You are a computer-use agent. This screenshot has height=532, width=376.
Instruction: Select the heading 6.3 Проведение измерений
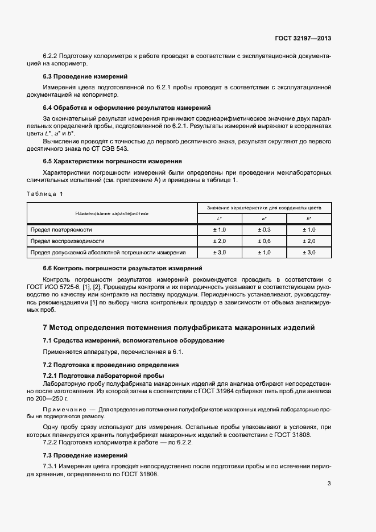[85, 76]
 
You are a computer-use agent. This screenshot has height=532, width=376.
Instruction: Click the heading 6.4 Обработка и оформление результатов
[127, 107]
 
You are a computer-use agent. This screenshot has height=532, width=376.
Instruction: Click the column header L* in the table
[219, 219]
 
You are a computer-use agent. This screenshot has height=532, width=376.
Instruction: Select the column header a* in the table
[264, 219]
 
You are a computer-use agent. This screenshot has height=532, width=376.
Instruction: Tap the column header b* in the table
[309, 219]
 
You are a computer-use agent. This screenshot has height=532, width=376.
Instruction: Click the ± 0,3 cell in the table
[264, 229]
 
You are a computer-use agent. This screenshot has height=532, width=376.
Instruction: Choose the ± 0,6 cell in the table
[264, 241]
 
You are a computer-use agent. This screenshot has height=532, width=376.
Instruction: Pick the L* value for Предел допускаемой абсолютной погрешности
[219, 252]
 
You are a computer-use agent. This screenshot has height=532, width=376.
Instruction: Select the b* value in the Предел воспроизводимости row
[309, 241]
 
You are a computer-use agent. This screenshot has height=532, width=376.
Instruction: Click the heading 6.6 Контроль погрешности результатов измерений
[123, 267]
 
